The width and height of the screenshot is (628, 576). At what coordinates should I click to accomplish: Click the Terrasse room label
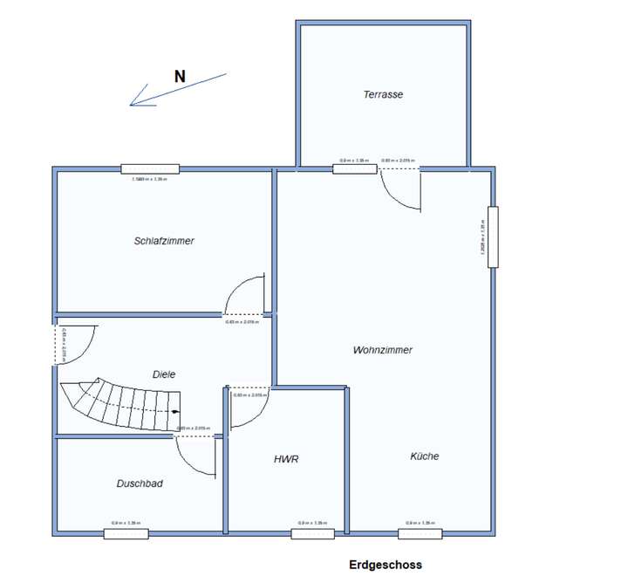(383, 94)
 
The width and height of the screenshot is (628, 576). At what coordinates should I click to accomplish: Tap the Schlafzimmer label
(164, 241)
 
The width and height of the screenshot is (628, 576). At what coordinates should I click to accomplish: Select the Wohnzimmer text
(382, 350)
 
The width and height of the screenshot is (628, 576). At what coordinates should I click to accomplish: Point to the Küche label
(425, 456)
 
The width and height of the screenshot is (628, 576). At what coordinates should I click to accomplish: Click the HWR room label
(286, 458)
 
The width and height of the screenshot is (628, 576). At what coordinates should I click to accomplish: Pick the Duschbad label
(140, 483)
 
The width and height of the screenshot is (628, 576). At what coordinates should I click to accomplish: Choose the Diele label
(164, 374)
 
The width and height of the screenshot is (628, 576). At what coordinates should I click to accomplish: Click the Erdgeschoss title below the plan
(385, 565)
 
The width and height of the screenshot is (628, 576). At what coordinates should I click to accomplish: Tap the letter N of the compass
(180, 76)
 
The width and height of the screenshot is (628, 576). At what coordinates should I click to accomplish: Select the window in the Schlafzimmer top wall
(150, 168)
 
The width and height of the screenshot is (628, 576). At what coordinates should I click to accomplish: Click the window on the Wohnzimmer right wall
(493, 237)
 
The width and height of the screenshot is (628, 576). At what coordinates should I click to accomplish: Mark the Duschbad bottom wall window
(126, 533)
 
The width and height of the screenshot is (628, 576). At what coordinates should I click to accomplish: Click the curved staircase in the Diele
(119, 404)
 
